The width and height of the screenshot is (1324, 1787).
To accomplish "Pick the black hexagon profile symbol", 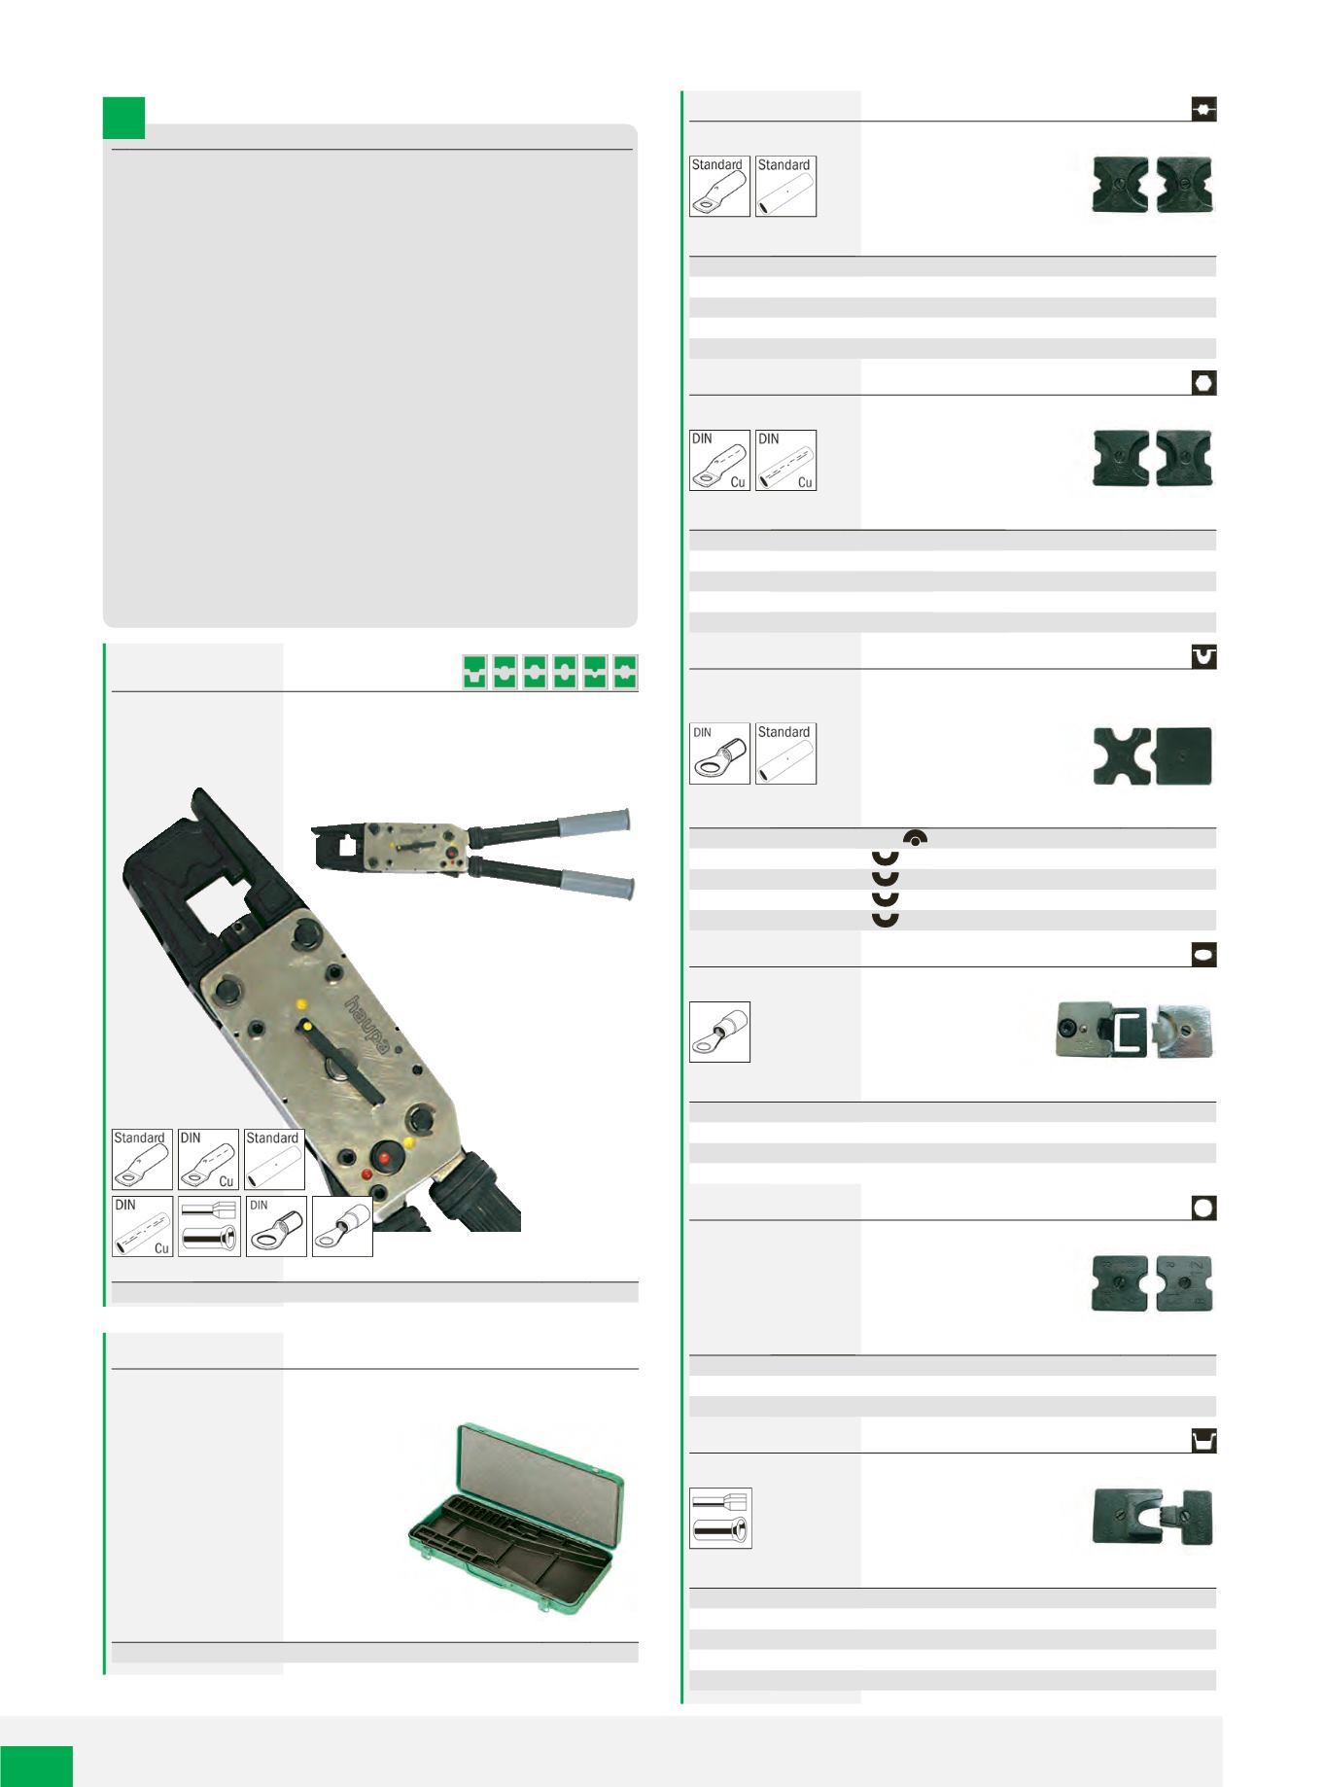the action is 1203,383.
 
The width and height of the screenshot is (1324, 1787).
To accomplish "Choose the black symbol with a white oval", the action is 1203,956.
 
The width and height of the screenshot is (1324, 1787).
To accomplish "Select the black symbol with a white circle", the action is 1203,1208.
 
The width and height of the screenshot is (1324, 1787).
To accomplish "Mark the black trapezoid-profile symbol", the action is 1203,1440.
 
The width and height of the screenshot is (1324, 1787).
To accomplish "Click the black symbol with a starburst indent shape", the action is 1203,109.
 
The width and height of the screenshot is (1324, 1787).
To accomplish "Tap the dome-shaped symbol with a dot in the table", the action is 914,836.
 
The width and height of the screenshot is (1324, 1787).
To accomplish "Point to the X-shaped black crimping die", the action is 1121,755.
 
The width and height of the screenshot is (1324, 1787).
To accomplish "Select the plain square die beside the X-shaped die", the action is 1183,755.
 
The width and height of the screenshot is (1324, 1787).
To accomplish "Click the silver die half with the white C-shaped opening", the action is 1098,1032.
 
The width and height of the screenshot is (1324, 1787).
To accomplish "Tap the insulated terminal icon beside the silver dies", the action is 719,1032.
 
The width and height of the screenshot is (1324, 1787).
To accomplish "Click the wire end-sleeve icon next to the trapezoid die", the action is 720,1518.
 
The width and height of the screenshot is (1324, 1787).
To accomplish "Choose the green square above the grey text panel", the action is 124,117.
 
